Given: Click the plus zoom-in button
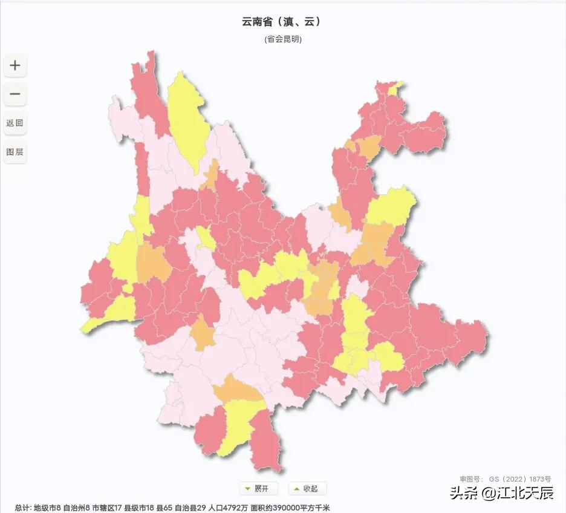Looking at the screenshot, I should pyautogui.click(x=15, y=65).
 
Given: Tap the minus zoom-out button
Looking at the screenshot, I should pyautogui.click(x=15, y=94).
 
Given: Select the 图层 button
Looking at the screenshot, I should pyautogui.click(x=15, y=152).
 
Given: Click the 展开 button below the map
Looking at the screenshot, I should pyautogui.click(x=258, y=489).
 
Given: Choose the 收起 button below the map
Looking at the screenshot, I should pyautogui.click(x=307, y=489).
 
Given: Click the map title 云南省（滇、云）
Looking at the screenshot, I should pyautogui.click(x=282, y=22).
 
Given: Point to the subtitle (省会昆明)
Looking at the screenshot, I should pyautogui.click(x=282, y=39).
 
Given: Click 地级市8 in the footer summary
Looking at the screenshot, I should pyautogui.click(x=47, y=508).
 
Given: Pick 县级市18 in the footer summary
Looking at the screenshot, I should pyautogui.click(x=140, y=508).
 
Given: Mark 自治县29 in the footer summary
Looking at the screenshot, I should pyautogui.click(x=189, y=508).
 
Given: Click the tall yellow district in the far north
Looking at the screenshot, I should pyautogui.click(x=188, y=121).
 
